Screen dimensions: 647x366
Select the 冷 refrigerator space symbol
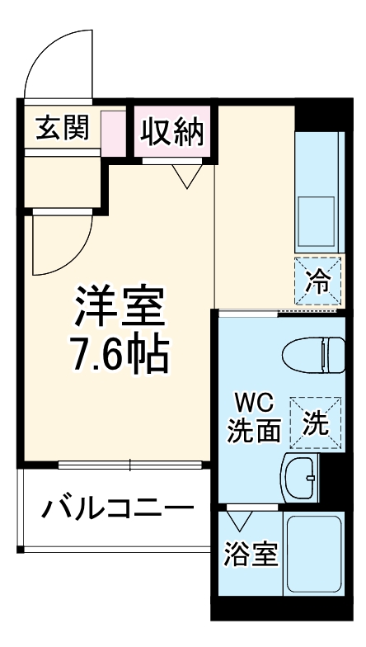coord(318,281)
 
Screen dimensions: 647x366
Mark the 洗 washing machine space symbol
coord(317,422)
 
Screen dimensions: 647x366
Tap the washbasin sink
coord(303,475)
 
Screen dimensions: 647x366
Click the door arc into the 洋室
coord(54,243)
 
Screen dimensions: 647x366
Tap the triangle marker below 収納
coord(186,176)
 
